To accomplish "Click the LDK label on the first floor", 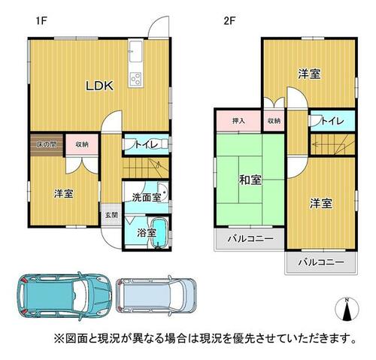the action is click(100, 86).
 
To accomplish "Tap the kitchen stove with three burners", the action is click(136, 78).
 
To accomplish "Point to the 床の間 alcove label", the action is click(47, 144).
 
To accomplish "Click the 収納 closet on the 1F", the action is click(82, 144).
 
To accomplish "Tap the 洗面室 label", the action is click(147, 198).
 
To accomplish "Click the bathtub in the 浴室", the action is click(158, 232).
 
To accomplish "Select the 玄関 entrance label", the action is click(111, 215).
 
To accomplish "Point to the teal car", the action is click(64, 295).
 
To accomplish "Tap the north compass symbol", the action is click(347, 309).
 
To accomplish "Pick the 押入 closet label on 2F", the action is click(238, 121).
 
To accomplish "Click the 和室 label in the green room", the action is click(250, 180).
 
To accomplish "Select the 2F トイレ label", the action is click(332, 121).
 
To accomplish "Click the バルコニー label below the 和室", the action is click(250, 238).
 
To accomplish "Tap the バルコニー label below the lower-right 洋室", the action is click(321, 262).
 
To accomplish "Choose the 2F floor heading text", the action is click(229, 21).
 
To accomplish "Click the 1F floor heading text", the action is click(41, 21).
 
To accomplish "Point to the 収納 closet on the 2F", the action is click(274, 121).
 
